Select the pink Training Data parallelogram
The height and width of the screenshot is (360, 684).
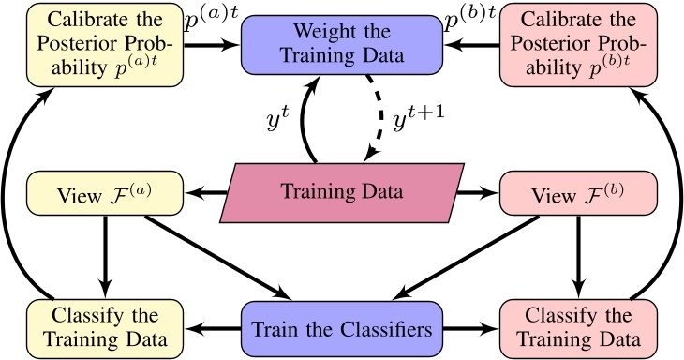tap(342, 194)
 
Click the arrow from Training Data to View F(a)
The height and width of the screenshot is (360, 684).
tap(207, 194)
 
